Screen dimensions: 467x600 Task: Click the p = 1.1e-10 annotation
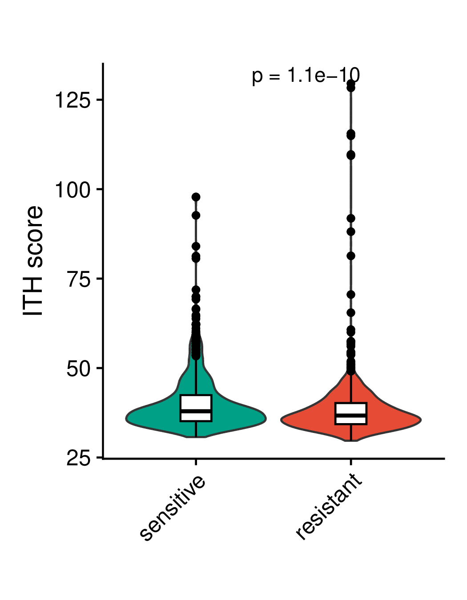tap(306, 76)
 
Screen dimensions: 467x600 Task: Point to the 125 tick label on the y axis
tap(73, 100)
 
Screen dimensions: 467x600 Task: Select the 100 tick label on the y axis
tap(73, 190)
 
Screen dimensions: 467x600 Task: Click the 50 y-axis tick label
tap(79, 368)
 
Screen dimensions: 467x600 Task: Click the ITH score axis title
tap(32, 260)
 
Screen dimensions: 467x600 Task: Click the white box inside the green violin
tap(196, 408)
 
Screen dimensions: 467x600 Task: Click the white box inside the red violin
tap(351, 413)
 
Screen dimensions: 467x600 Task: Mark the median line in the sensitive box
tap(196, 411)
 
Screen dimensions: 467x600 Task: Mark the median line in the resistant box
tap(351, 415)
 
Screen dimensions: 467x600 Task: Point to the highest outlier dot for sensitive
tap(196, 197)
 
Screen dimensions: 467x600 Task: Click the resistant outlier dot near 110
tap(351, 156)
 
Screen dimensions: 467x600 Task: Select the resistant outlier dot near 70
tap(351, 295)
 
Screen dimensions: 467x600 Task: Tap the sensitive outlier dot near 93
tap(196, 216)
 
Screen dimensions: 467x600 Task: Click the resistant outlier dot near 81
tap(351, 256)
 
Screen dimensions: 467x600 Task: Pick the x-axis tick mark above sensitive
tap(196, 462)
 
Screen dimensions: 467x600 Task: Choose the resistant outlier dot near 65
tap(351, 313)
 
